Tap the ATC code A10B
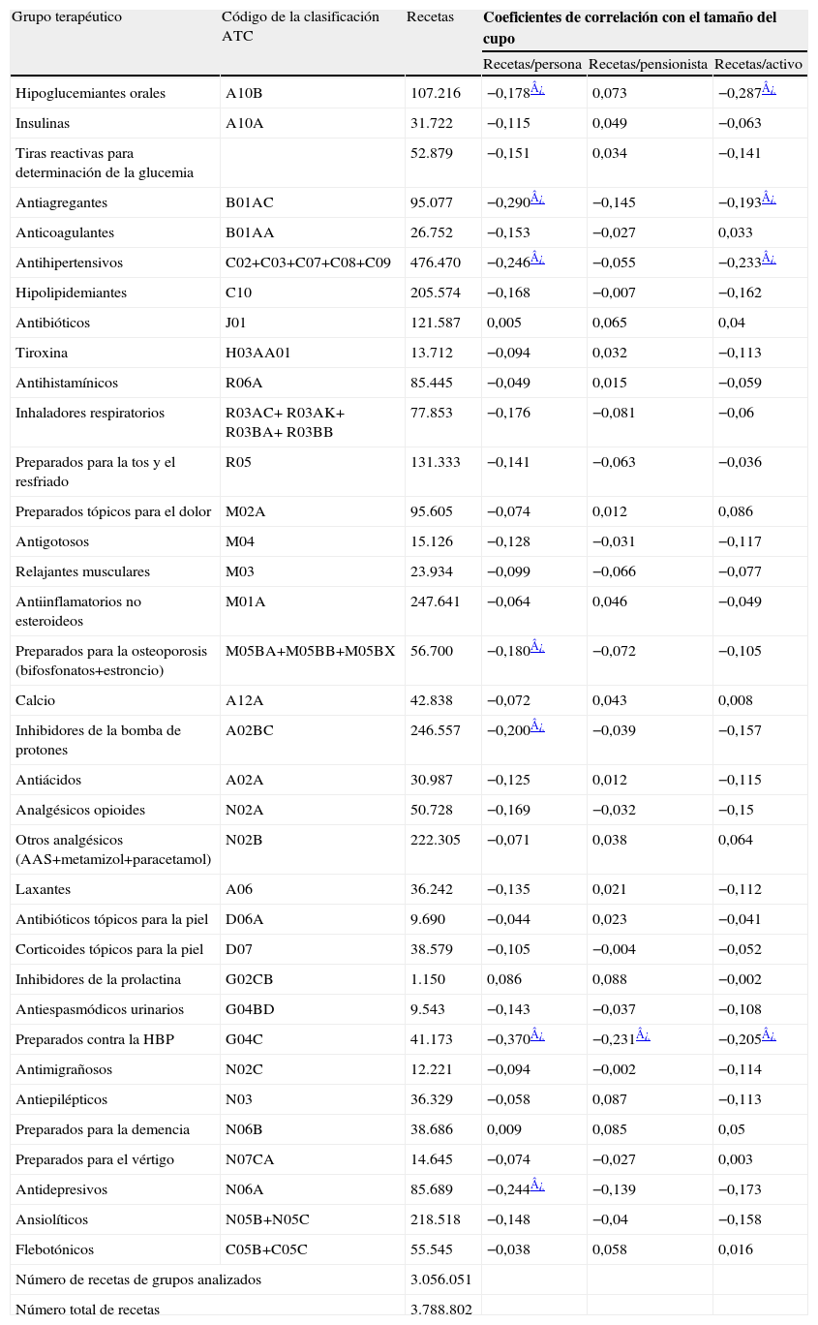(x=244, y=93)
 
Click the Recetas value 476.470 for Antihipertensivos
(x=436, y=262)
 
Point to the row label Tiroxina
(x=42, y=353)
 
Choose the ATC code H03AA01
(x=258, y=353)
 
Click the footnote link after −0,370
(x=537, y=1036)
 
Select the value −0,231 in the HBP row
(x=613, y=1040)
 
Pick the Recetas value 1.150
(x=428, y=980)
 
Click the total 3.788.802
(x=441, y=1310)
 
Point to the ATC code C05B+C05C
(x=266, y=1249)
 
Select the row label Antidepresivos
(x=61, y=1189)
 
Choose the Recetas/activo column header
(x=759, y=65)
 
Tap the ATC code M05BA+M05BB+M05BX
(x=310, y=651)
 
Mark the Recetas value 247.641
(x=436, y=601)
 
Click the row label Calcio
(x=36, y=700)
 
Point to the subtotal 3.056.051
(x=441, y=1279)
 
